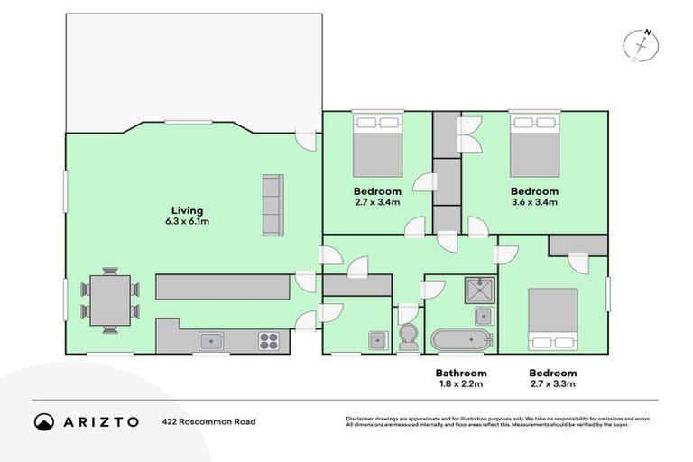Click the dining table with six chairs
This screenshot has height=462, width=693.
[110, 300]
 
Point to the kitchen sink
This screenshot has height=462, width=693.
[211, 340]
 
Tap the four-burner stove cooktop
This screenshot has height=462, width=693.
[269, 340]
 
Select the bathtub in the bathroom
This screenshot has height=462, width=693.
[461, 340]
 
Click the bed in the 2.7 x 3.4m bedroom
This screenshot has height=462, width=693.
[377, 146]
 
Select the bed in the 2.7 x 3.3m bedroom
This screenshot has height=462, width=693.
[552, 319]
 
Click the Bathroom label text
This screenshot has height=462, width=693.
[461, 373]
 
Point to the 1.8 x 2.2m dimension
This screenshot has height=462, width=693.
[461, 384]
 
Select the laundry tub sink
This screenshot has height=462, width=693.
[374, 339]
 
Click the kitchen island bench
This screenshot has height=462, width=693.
[222, 288]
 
